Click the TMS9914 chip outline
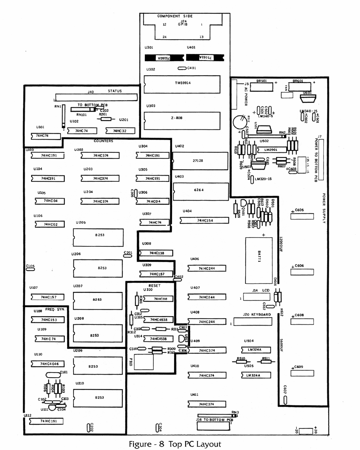click(182, 84)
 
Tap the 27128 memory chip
click(200, 161)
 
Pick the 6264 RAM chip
click(200, 191)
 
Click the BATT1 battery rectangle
click(259, 260)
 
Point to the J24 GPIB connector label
click(183, 23)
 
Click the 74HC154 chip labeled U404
click(205, 221)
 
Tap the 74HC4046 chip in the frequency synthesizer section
click(49, 364)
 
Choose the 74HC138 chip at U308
click(157, 253)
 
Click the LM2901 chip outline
click(271, 150)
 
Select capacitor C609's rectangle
click(302, 373)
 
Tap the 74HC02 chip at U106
click(50, 224)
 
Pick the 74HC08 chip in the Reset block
click(161, 299)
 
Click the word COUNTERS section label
click(104, 141)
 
